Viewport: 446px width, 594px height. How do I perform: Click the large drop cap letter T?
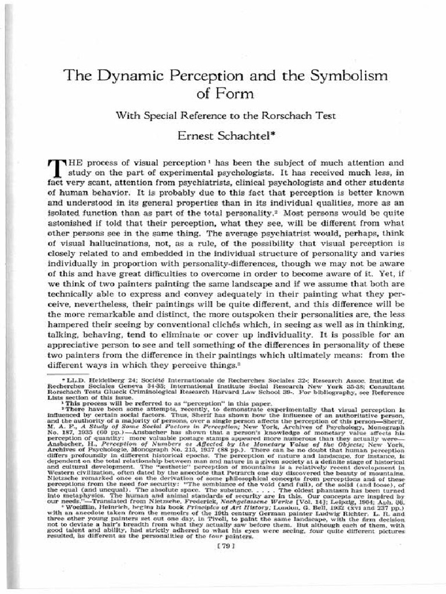(x=59, y=168)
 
